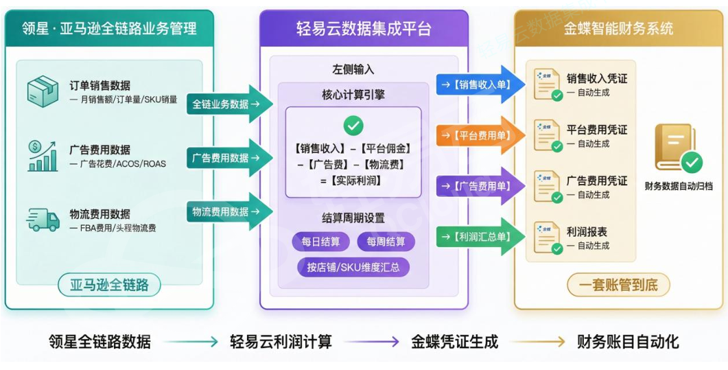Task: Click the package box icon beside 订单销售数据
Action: coord(43,92)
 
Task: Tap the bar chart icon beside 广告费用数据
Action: coord(43,156)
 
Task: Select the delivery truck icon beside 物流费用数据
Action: coord(43,220)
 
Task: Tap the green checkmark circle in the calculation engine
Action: coord(353,125)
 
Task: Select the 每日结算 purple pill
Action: coord(320,242)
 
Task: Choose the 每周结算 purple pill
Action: coord(386,242)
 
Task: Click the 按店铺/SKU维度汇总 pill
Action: coord(353,267)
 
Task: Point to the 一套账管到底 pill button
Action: coord(618,285)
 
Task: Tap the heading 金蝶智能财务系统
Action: coord(618,28)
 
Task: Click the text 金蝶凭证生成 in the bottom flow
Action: coord(454,341)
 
